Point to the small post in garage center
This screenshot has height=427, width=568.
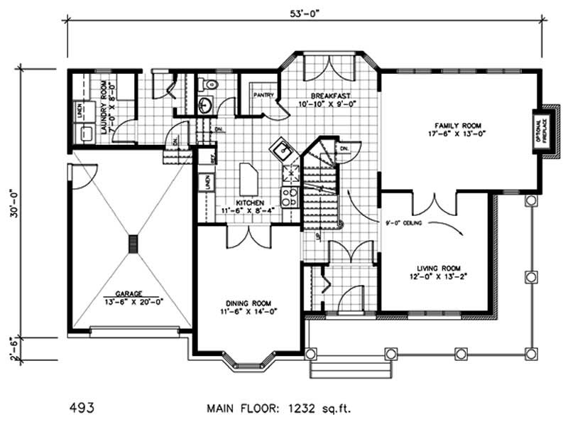132,244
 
